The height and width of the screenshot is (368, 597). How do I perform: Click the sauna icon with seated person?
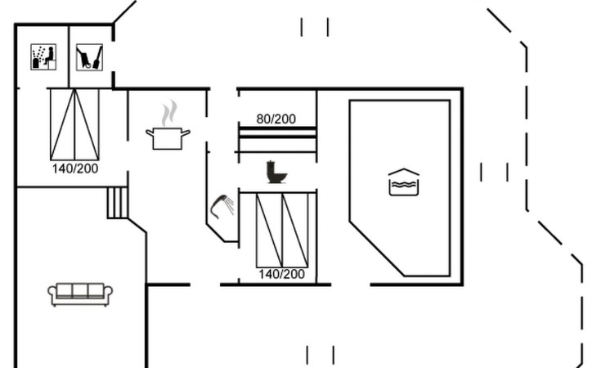(x=43, y=56)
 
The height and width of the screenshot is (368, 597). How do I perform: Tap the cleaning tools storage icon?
(x=89, y=56)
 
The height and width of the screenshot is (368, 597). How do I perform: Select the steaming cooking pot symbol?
(x=168, y=137)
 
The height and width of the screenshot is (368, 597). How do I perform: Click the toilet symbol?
(x=276, y=173)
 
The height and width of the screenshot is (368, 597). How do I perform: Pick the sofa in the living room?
(x=80, y=293)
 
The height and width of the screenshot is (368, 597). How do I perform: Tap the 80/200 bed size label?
(x=276, y=119)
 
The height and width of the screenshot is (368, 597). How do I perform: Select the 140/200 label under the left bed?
(x=74, y=168)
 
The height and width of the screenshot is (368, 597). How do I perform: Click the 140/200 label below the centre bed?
(x=281, y=274)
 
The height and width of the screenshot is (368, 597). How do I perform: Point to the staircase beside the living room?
(x=118, y=202)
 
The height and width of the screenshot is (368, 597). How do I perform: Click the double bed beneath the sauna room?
(x=74, y=124)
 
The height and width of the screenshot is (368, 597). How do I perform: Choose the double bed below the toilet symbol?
(x=282, y=230)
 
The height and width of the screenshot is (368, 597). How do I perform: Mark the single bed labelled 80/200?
(x=276, y=139)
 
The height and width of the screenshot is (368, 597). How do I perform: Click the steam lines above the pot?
(x=169, y=113)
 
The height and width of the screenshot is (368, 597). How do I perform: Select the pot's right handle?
(x=187, y=132)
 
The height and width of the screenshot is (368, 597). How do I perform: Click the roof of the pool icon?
(x=403, y=173)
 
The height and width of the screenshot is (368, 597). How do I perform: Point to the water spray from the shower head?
(x=230, y=204)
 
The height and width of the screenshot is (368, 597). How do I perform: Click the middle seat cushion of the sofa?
(x=80, y=290)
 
